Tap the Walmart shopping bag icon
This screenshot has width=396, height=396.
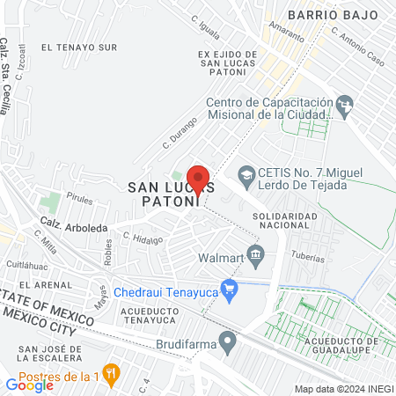tap(256, 257)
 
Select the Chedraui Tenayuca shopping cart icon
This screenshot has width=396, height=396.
tap(230, 287)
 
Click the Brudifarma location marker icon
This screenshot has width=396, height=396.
tap(228, 339)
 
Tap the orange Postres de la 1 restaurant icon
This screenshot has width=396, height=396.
tap(111, 373)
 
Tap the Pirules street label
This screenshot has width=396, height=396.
tap(78, 200)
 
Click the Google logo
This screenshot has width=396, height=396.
tap(29, 384)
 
